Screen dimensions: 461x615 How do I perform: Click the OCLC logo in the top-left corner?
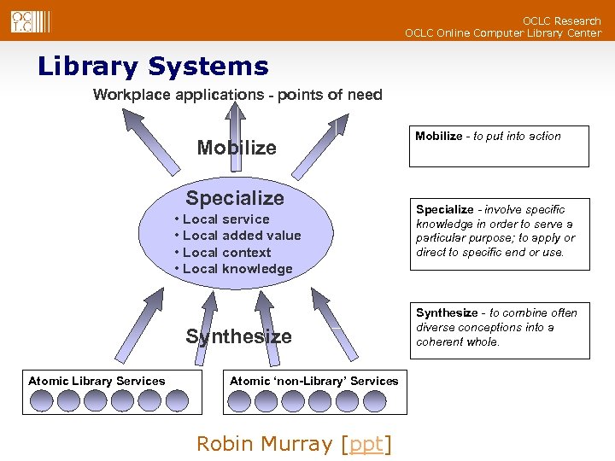pyautogui.click(x=23, y=20)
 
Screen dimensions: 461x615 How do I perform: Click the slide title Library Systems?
pyautogui.click(x=153, y=67)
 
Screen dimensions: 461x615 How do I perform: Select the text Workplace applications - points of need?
pyautogui.click(x=237, y=95)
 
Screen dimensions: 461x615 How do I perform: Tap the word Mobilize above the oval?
pyautogui.click(x=237, y=148)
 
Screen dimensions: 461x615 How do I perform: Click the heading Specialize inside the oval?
pyautogui.click(x=235, y=198)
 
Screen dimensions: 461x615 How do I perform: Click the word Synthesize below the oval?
pyautogui.click(x=238, y=336)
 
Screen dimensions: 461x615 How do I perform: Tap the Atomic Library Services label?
pyautogui.click(x=97, y=381)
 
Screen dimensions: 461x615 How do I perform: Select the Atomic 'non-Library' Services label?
pyautogui.click(x=313, y=381)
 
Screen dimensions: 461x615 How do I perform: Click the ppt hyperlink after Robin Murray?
pyautogui.click(x=366, y=444)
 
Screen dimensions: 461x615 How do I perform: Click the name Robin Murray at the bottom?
pyautogui.click(x=264, y=444)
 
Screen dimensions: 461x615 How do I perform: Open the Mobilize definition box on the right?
pyautogui.click(x=500, y=145)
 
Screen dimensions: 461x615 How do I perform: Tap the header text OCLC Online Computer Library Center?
pyautogui.click(x=502, y=33)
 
